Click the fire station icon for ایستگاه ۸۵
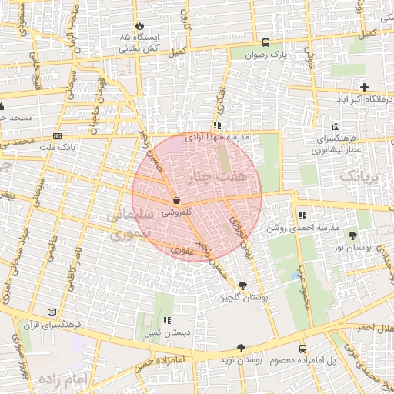click(x=139, y=25)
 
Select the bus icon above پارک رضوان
click(x=265, y=43)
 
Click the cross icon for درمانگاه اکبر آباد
click(x=364, y=87)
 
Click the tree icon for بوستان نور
click(x=353, y=235)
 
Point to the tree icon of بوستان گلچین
click(x=243, y=286)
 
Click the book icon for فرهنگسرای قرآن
click(x=52, y=312)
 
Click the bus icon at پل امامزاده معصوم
click(x=302, y=349)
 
